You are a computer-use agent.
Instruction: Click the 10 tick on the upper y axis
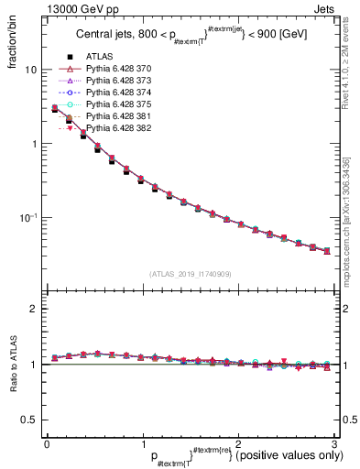pos(30,71)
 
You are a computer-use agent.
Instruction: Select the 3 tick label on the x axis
pos(333,444)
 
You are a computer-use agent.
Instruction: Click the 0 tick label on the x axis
pos(47,444)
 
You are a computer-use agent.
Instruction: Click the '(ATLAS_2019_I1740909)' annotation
pos(190,274)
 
